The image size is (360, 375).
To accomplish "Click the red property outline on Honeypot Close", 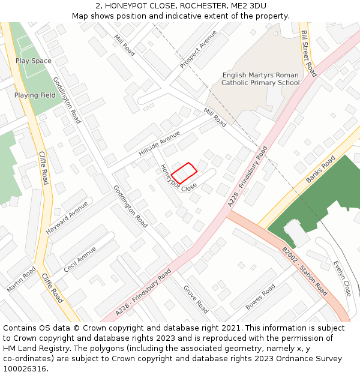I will click(x=184, y=173).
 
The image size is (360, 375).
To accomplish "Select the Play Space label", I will click(x=34, y=61).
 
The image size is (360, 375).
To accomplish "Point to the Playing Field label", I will click(x=35, y=95).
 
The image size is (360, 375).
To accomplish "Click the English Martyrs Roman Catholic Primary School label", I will click(x=260, y=79).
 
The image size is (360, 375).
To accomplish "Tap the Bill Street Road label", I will click(x=308, y=53).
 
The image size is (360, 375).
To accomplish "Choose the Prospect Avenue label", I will click(x=198, y=49).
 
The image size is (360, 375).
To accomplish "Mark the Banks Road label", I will click(x=321, y=170).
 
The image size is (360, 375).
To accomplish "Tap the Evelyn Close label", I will click(x=343, y=278).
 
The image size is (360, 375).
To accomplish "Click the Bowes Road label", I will click(x=260, y=296).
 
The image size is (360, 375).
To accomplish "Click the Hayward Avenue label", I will click(x=67, y=217).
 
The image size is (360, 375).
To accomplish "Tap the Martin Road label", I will click(x=22, y=280).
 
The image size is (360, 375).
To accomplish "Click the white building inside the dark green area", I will click(x=296, y=233).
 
